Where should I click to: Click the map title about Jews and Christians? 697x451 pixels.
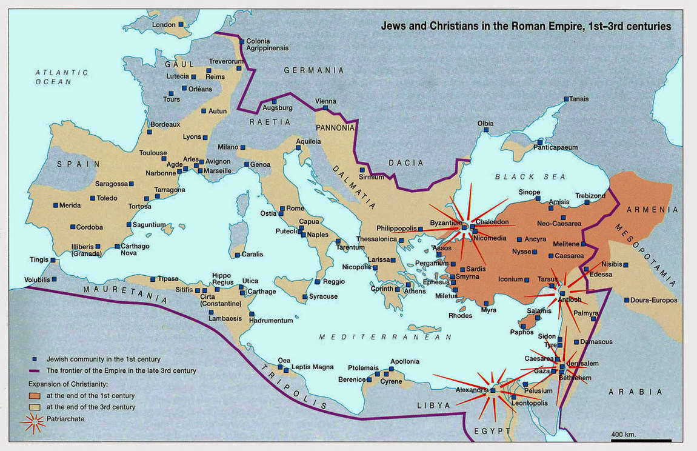(x=525, y=27)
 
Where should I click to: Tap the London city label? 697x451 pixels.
(x=163, y=24)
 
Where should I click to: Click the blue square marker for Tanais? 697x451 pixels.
(x=566, y=99)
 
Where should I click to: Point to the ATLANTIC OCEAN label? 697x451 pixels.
(x=61, y=77)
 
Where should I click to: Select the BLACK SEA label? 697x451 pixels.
(x=530, y=176)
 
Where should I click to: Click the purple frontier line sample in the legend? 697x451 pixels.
(x=33, y=370)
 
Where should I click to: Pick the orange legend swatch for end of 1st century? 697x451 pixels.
(x=33, y=395)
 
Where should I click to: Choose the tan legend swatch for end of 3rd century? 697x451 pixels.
(x=33, y=407)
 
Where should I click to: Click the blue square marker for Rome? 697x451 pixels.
(x=281, y=209)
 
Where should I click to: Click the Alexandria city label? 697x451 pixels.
(x=471, y=390)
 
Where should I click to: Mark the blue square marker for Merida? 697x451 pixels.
(x=55, y=205)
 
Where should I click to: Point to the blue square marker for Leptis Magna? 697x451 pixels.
(x=287, y=367)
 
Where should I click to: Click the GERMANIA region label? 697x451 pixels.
(x=314, y=70)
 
